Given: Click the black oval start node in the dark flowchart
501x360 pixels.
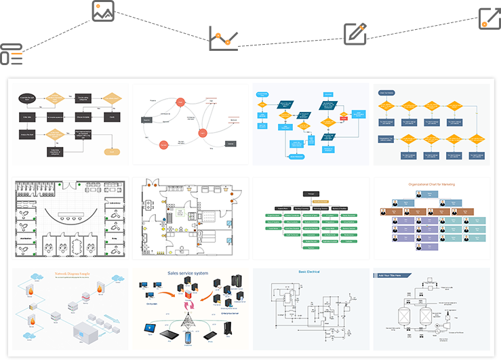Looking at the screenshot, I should click(28, 98).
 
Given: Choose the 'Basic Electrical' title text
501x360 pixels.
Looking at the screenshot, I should click(309, 272).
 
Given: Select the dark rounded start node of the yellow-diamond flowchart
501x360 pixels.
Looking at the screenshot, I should click(386, 93).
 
